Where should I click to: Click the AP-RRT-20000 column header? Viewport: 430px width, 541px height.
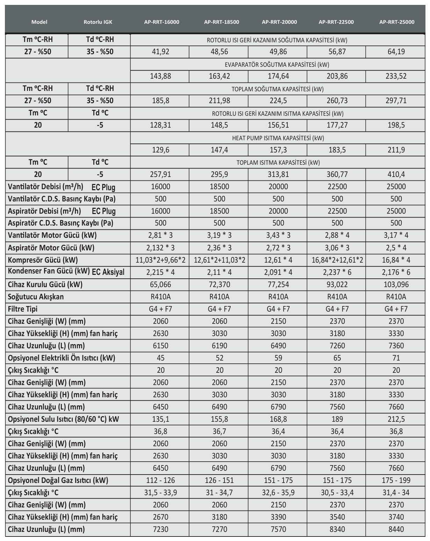click(x=279, y=22)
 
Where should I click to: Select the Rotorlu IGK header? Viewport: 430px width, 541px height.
click(x=98, y=22)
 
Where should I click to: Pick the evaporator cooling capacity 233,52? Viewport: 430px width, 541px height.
click(x=396, y=76)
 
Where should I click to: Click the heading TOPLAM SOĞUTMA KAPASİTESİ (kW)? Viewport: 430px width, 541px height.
click(x=278, y=89)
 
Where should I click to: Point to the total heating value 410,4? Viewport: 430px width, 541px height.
click(x=396, y=174)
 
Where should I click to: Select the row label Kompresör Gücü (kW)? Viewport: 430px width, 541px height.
click(x=43, y=260)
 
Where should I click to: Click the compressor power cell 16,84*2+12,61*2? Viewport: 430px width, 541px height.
click(x=337, y=260)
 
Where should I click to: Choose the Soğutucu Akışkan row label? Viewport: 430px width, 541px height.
click(x=36, y=297)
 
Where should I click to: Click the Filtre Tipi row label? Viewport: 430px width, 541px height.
click(x=22, y=309)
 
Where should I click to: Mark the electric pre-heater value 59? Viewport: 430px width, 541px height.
click(x=278, y=358)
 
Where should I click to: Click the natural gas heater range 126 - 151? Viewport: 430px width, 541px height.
click(x=219, y=480)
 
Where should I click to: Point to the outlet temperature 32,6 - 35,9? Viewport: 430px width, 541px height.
click(x=278, y=492)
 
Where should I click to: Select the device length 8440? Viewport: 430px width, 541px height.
click(x=396, y=529)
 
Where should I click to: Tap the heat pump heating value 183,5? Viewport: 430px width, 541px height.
click(x=337, y=150)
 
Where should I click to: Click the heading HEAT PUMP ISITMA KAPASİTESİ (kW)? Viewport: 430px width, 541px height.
click(x=278, y=138)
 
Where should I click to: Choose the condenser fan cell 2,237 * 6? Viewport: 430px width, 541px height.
click(x=337, y=272)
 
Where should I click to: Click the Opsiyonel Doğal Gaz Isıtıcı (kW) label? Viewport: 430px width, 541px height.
click(x=58, y=480)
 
